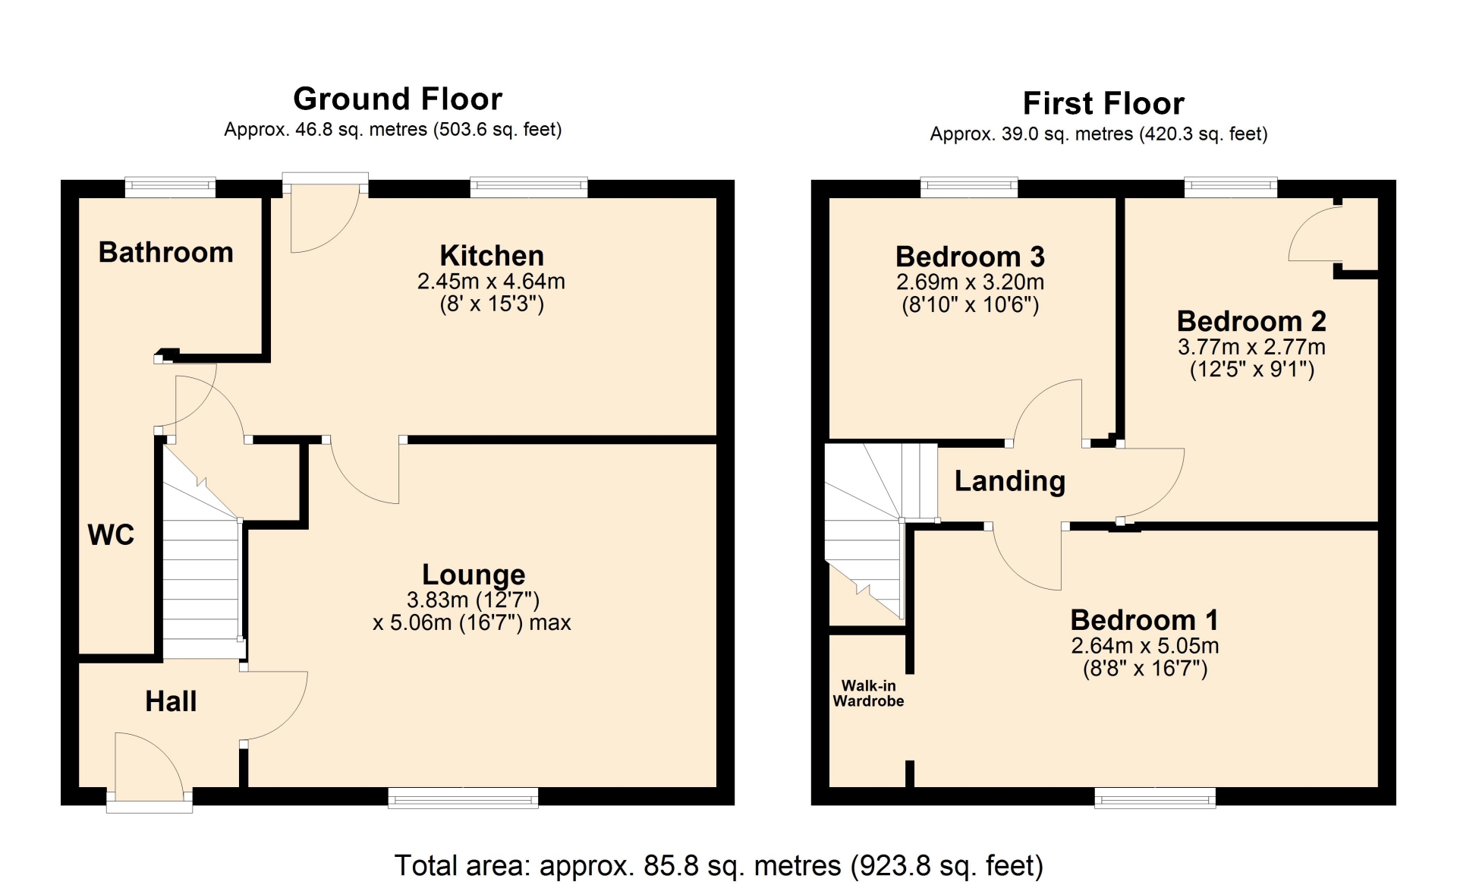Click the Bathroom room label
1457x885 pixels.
tap(166, 253)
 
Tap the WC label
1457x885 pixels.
tap(111, 535)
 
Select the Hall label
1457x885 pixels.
tap(171, 701)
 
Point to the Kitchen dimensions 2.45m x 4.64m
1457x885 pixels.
tap(491, 282)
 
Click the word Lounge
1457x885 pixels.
tap(474, 575)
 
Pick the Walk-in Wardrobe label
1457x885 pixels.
tap(868, 694)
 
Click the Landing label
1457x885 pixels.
tap(1010, 481)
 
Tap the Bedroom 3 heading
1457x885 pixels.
tap(971, 257)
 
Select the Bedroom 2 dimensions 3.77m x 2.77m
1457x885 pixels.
tap(1251, 348)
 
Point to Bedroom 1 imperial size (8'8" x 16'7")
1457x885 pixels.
tap(1145, 669)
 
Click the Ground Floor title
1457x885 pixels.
tap(398, 99)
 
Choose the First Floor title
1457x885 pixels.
tap(1103, 103)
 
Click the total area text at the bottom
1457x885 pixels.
tap(719, 865)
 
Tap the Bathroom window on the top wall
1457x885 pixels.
tap(170, 187)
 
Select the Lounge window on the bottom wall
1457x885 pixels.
tap(463, 797)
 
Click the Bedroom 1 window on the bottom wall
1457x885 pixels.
tap(1155, 797)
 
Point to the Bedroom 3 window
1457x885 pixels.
tap(969, 187)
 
